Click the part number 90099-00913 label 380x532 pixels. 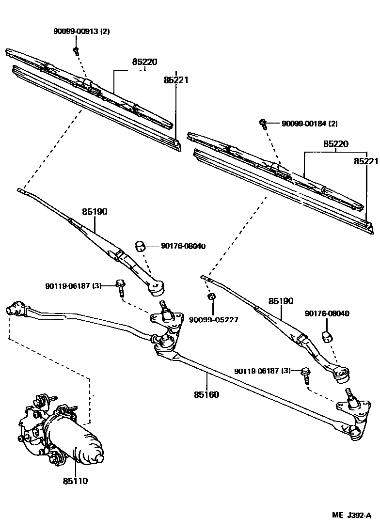coord(81,31)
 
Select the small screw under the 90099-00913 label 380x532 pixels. coord(76,50)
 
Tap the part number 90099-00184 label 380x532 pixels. coord(309,124)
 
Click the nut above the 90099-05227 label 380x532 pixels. coord(211,297)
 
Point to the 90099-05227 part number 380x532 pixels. coord(213,320)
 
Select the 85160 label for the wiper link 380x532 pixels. coord(206,394)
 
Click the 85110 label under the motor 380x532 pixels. coord(76,481)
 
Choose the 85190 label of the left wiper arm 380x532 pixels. coord(95,212)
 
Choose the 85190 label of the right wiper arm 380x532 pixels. coord(281,301)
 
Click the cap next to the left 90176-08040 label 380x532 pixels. coord(141,246)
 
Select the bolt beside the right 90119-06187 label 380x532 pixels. coord(306,374)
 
